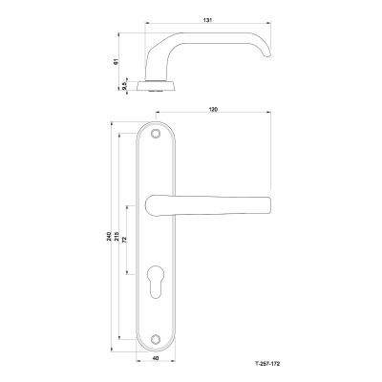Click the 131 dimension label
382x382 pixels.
[x=207, y=20]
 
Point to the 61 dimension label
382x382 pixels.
[x=117, y=61]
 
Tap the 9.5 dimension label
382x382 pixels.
[x=124, y=85]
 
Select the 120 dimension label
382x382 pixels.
[x=213, y=109]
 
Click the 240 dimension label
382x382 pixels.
[x=109, y=236]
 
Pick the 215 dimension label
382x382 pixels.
[x=117, y=236]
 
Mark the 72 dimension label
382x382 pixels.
[x=124, y=240]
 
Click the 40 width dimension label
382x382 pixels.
[x=156, y=358]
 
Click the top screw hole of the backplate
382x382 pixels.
[x=156, y=134]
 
